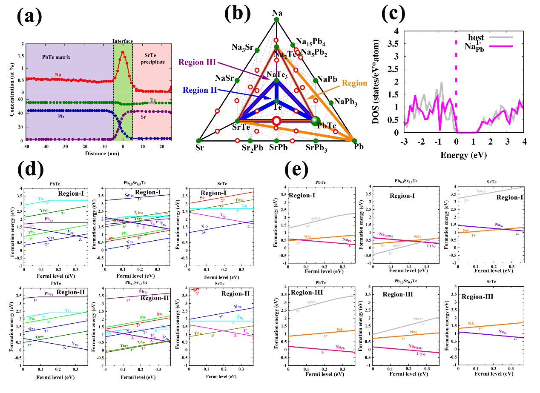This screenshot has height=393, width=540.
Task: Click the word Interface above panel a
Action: (123, 41)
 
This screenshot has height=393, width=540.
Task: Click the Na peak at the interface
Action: (123, 52)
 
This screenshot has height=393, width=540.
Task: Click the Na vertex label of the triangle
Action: (277, 13)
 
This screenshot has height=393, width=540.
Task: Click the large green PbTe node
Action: (315, 121)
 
